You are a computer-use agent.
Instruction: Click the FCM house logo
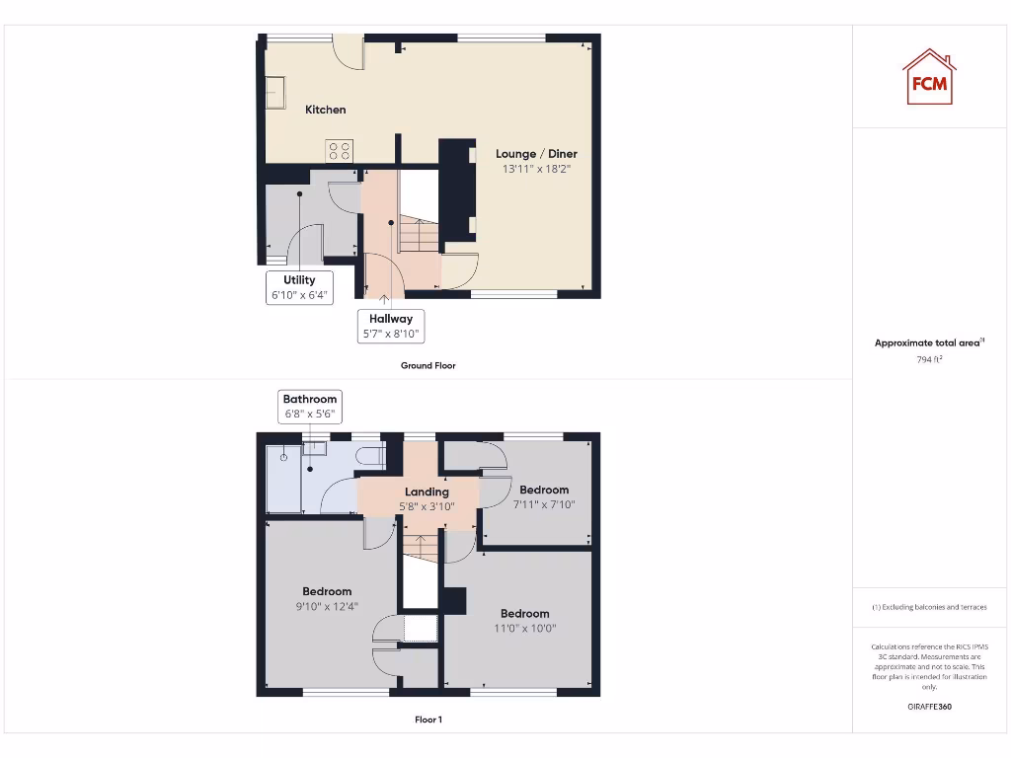pyautogui.click(x=928, y=77)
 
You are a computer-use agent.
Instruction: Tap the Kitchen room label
pyautogui.click(x=326, y=110)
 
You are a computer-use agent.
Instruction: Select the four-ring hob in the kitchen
pyautogui.click(x=340, y=150)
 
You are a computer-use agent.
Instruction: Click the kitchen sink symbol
pyautogui.click(x=274, y=92)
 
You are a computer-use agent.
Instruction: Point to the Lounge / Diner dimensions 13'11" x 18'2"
pyautogui.click(x=536, y=170)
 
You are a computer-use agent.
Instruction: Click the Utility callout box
pyautogui.click(x=299, y=287)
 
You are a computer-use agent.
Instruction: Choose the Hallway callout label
pyautogui.click(x=391, y=327)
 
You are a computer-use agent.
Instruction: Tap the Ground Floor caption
pyautogui.click(x=428, y=365)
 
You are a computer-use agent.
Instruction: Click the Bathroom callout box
pyautogui.click(x=310, y=406)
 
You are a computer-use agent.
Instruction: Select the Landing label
pyautogui.click(x=427, y=492)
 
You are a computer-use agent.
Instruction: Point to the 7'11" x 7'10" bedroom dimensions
pyautogui.click(x=544, y=504)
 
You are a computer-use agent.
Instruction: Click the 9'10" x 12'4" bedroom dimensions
pyautogui.click(x=327, y=607)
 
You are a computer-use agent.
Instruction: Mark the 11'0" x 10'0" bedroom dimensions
pyautogui.click(x=524, y=628)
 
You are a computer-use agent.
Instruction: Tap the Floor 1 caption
pyautogui.click(x=428, y=720)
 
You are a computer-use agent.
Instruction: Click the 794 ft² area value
pyautogui.click(x=928, y=360)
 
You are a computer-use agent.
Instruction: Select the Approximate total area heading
pyautogui.click(x=928, y=342)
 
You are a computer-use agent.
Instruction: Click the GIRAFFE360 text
pyautogui.click(x=928, y=707)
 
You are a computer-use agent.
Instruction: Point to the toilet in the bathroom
pyautogui.click(x=373, y=456)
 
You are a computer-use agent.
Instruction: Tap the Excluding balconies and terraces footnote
pyautogui.click(x=928, y=607)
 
